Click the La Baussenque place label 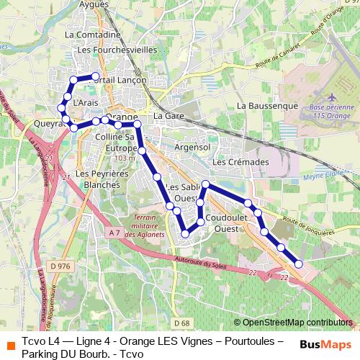pos(267,105)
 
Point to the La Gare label pos(169,115)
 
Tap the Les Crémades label pos(240,162)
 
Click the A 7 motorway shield pos(115,233)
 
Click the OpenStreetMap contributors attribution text pos(297,322)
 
